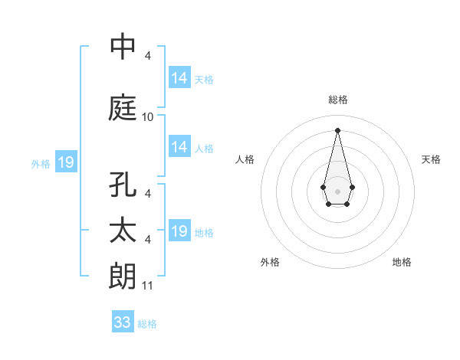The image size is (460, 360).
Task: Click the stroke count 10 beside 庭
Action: click(x=148, y=117)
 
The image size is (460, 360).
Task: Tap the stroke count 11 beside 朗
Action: click(x=148, y=286)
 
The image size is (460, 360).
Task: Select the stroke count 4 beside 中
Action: click(x=147, y=56)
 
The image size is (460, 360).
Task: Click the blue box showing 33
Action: click(x=123, y=322)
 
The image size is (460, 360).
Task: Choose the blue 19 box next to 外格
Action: click(x=66, y=162)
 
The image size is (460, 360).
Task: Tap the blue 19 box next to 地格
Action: click(x=179, y=231)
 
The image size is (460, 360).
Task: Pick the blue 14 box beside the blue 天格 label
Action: click(x=179, y=78)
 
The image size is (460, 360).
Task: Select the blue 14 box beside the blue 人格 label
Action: click(x=179, y=147)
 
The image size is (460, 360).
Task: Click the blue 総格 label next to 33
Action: click(x=147, y=324)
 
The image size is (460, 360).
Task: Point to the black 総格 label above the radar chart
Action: click(x=337, y=100)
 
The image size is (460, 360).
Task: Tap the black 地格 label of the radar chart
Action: click(x=402, y=262)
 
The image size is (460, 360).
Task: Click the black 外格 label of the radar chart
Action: click(x=270, y=262)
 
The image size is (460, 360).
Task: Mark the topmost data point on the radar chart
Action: click(x=337, y=129)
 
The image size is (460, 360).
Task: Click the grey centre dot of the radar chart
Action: click(x=337, y=190)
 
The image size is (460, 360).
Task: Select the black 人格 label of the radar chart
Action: click(x=245, y=159)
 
